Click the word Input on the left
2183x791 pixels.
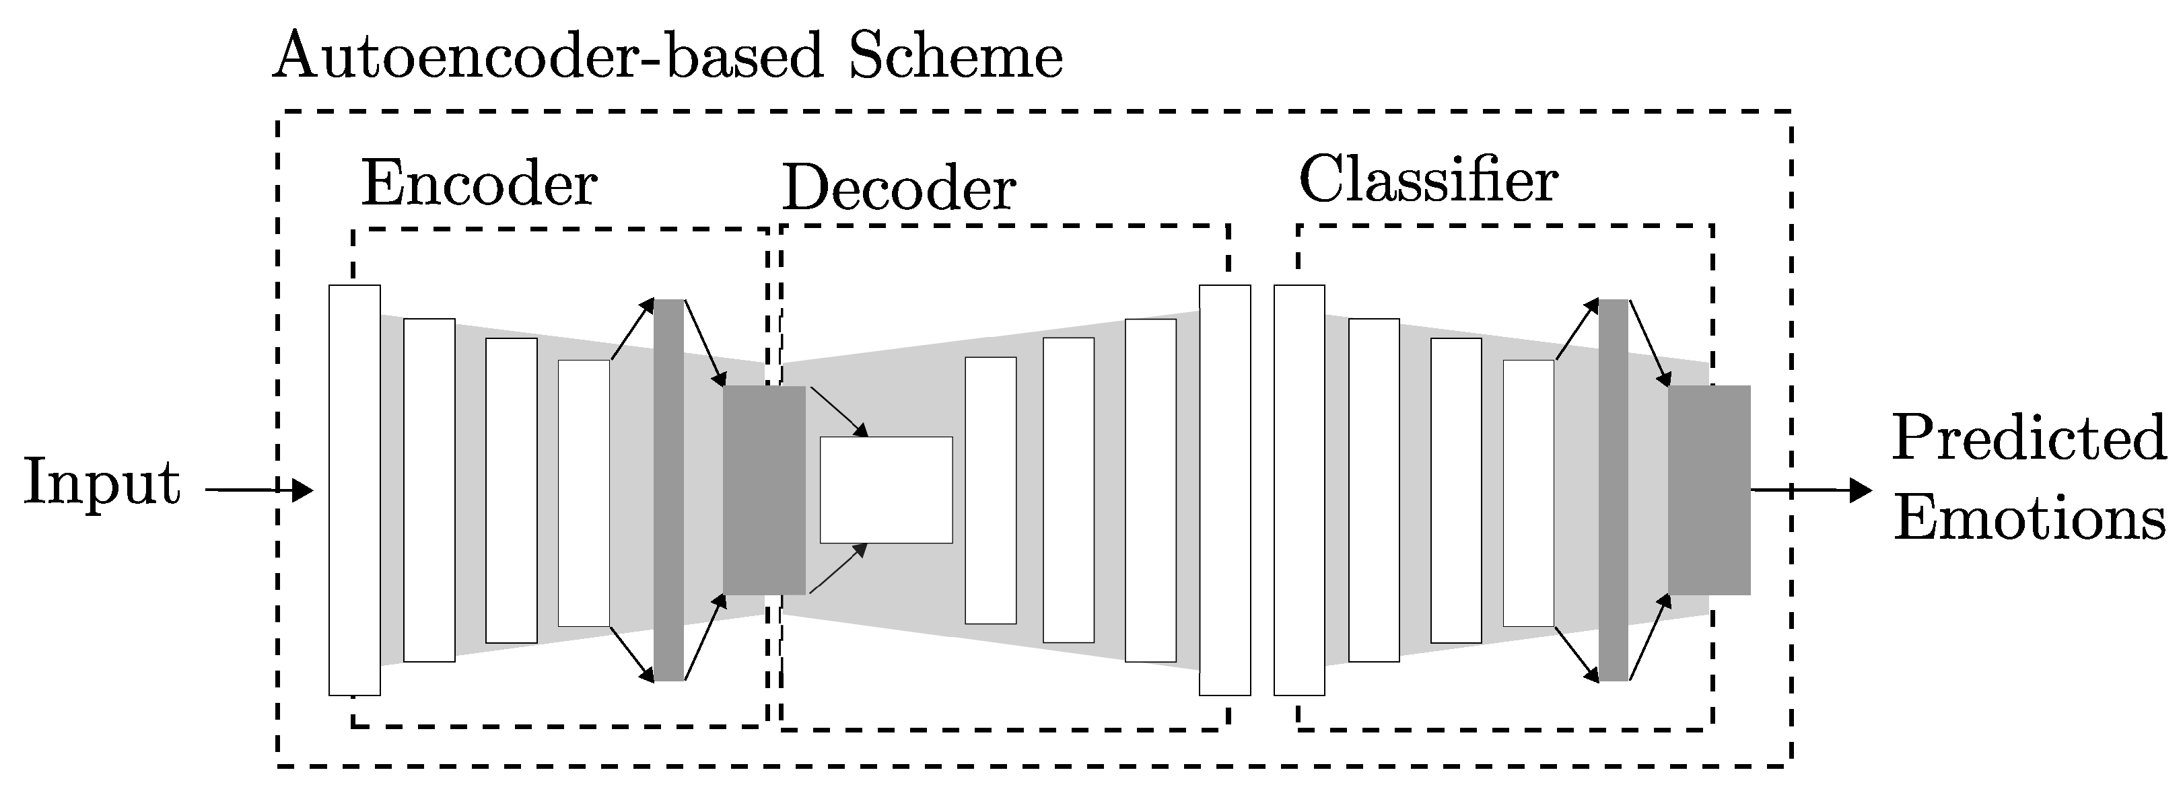(x=102, y=483)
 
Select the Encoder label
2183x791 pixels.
(x=479, y=184)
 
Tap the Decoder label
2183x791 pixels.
(x=898, y=188)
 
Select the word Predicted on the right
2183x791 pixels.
(x=2029, y=439)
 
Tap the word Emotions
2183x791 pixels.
(x=2029, y=519)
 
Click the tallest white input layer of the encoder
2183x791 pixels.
(x=354, y=490)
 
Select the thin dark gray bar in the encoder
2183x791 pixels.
(x=668, y=490)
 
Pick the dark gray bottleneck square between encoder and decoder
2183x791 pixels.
(x=763, y=490)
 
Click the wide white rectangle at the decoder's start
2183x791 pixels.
(x=886, y=490)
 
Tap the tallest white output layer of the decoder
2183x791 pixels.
(x=1224, y=490)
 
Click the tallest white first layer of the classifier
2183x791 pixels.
(x=1299, y=490)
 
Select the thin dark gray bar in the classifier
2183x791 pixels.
(x=1613, y=490)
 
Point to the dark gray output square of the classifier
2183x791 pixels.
(x=1709, y=490)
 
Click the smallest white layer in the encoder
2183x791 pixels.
(x=584, y=493)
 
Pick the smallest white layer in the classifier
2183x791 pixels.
(x=1529, y=493)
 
